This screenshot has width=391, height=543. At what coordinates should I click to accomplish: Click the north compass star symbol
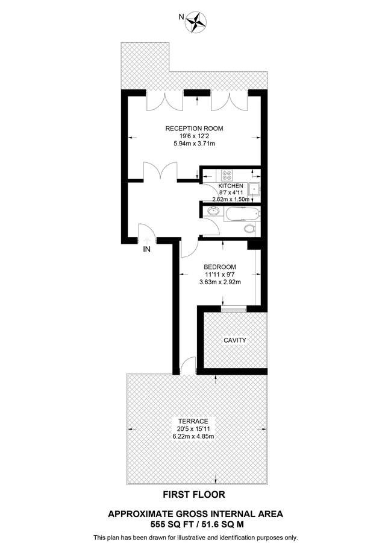[x=196, y=22]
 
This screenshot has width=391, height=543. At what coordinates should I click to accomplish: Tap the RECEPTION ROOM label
[x=195, y=128]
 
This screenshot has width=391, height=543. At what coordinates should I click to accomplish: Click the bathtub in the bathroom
[x=242, y=214]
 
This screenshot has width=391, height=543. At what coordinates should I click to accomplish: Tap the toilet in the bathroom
[x=250, y=229]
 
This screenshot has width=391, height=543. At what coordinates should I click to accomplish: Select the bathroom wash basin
[x=212, y=212]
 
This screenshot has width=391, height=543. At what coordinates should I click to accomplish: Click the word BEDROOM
[x=219, y=267]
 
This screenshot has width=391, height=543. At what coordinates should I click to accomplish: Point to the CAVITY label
[x=235, y=340]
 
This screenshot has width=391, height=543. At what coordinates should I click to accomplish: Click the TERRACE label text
[x=193, y=421]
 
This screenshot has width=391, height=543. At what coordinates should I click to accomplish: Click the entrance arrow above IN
[x=146, y=239]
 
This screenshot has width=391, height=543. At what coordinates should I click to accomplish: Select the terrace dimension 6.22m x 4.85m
[x=193, y=436]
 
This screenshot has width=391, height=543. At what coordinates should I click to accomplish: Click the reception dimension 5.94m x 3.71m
[x=195, y=144]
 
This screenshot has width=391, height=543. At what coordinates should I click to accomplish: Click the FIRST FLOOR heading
[x=195, y=495]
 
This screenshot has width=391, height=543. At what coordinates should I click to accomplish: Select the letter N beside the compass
[x=181, y=17]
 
